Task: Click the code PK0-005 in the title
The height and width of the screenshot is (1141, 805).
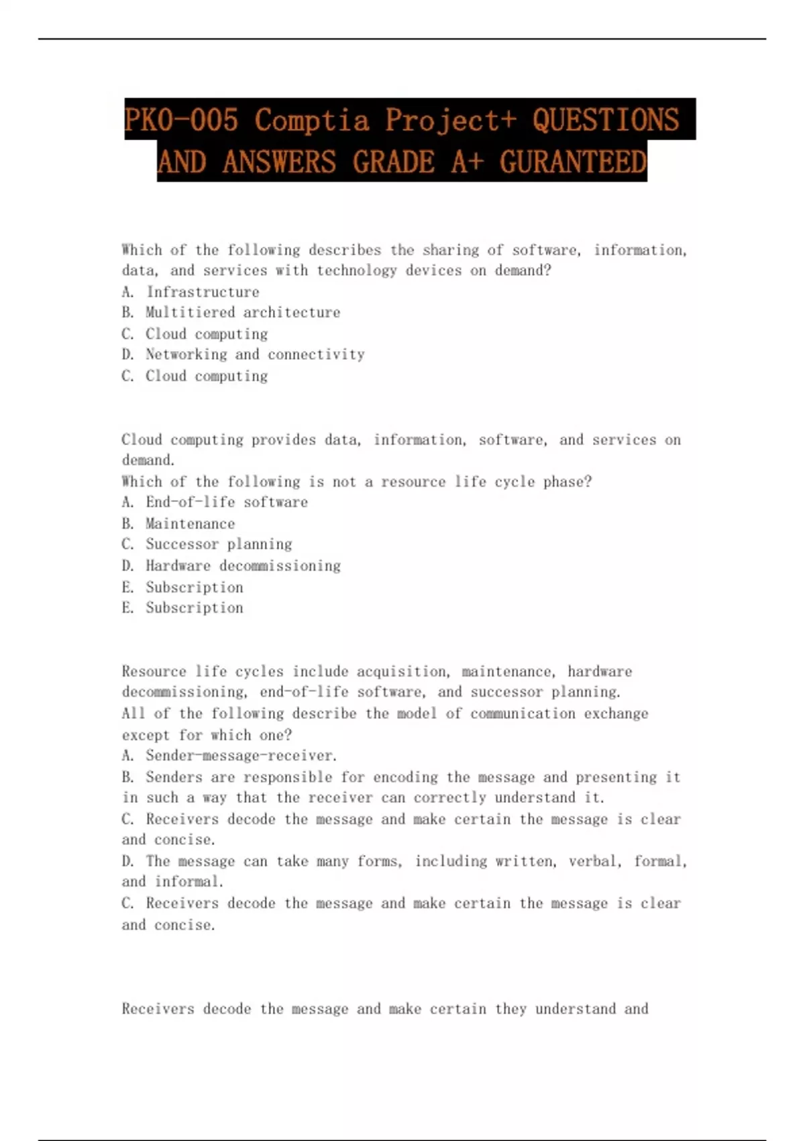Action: tap(181, 121)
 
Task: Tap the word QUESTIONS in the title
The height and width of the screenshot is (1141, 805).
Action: tap(606, 121)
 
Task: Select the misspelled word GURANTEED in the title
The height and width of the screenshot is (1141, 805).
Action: tap(573, 162)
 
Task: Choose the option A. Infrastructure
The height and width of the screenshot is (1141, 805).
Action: tap(191, 292)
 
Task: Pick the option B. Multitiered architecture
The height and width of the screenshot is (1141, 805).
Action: tap(231, 312)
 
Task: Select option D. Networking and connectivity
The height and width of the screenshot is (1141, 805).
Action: tap(243, 354)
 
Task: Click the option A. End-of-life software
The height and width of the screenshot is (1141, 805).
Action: tap(215, 502)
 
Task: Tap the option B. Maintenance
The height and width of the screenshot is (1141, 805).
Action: tap(178, 524)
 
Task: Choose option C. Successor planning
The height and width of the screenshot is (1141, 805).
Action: tap(207, 544)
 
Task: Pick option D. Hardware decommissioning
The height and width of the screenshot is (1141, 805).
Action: tap(231, 566)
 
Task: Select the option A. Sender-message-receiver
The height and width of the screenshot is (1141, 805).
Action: tap(229, 756)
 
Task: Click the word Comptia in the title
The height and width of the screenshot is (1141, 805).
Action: tap(312, 121)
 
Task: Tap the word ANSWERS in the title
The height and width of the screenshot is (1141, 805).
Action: tap(279, 162)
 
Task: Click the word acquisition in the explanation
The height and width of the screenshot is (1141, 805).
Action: tap(401, 672)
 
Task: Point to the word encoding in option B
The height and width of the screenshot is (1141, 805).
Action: tap(406, 777)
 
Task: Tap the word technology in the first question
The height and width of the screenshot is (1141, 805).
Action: tap(356, 270)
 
